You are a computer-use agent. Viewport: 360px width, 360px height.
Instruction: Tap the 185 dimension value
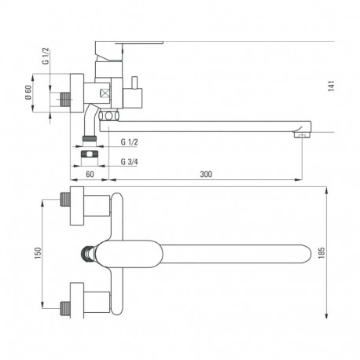click(x=333, y=254)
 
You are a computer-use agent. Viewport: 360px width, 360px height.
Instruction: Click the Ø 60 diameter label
click(x=28, y=93)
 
